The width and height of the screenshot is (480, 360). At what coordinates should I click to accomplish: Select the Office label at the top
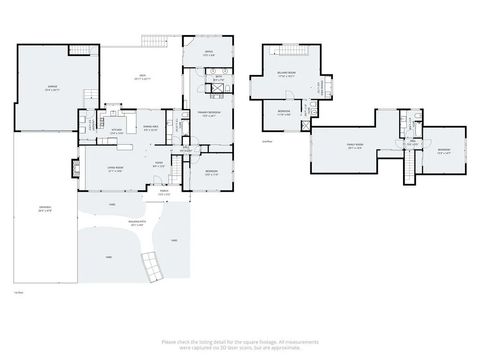click(209, 52)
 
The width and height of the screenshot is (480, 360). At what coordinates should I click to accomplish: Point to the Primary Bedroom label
click(208, 114)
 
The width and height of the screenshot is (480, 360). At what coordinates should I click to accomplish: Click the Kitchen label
click(116, 129)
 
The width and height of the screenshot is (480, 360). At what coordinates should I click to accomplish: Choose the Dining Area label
click(150, 126)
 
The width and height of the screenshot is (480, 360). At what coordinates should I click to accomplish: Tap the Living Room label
click(115, 169)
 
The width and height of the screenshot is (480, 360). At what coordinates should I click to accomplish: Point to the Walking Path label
click(139, 225)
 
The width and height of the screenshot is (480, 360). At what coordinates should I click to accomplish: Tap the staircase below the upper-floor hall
click(408, 172)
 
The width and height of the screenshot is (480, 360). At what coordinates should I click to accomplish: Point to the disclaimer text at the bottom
click(239, 343)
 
